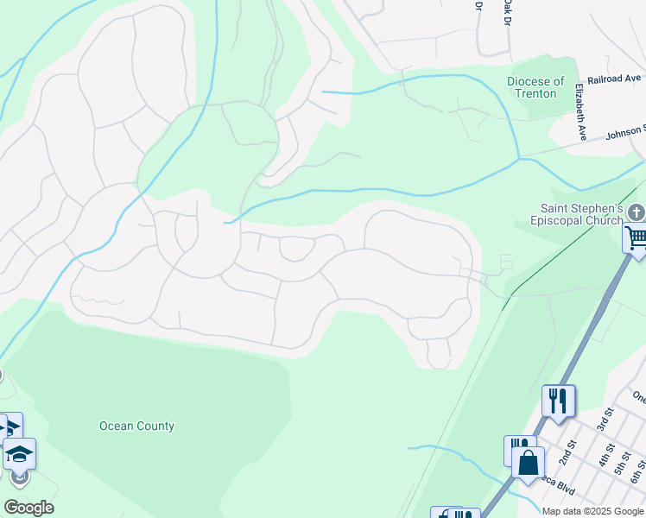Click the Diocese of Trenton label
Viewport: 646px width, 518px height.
[x=535, y=87]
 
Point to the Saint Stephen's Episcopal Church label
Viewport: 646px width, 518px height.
[x=581, y=214]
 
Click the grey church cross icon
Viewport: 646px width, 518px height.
[x=636, y=212]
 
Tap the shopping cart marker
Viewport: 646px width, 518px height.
[x=635, y=237]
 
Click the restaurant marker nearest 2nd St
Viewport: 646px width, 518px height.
[x=558, y=400]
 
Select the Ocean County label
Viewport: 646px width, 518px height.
[x=136, y=426]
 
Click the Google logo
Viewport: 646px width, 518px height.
[x=28, y=508]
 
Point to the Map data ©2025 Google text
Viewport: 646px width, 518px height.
[x=592, y=511]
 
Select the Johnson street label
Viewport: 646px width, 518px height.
[x=624, y=132]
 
